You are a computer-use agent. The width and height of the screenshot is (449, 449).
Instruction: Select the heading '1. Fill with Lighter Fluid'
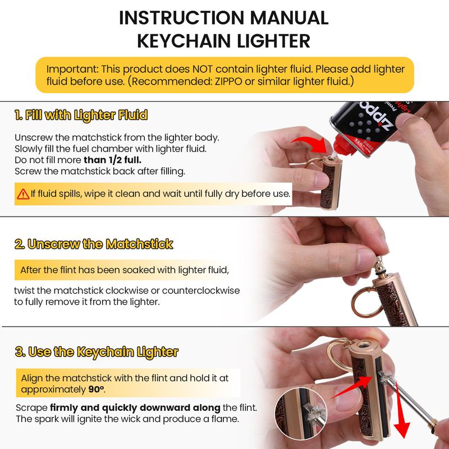click(x=81, y=116)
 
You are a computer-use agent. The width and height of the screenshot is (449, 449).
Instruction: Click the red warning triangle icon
click(x=23, y=194)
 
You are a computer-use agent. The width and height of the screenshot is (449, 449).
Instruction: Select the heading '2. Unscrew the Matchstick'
click(x=94, y=244)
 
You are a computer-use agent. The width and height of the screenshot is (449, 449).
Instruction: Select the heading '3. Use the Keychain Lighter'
click(x=97, y=352)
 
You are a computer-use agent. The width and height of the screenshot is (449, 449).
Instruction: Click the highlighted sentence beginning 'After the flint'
click(x=123, y=271)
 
